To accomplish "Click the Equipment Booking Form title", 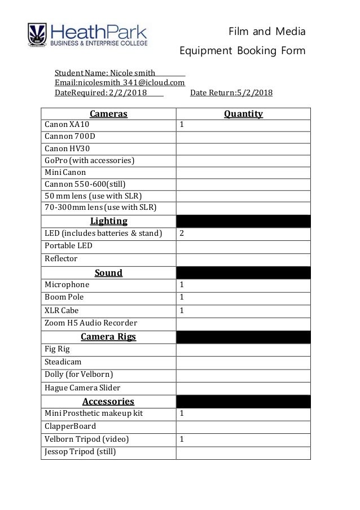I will click(242, 51).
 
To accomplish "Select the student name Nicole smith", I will click(133, 73).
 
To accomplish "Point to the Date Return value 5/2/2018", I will click(251, 93).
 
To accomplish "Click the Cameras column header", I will click(109, 114).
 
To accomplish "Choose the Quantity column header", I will click(243, 114).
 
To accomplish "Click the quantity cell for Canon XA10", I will click(243, 125).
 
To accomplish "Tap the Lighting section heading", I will click(109, 221).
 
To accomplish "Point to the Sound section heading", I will click(109, 272).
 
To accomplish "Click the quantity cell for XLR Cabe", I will click(243, 310).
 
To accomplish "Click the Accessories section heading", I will click(109, 401).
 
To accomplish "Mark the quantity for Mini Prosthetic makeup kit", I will click(243, 414).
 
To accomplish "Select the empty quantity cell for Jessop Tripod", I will click(243, 452).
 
